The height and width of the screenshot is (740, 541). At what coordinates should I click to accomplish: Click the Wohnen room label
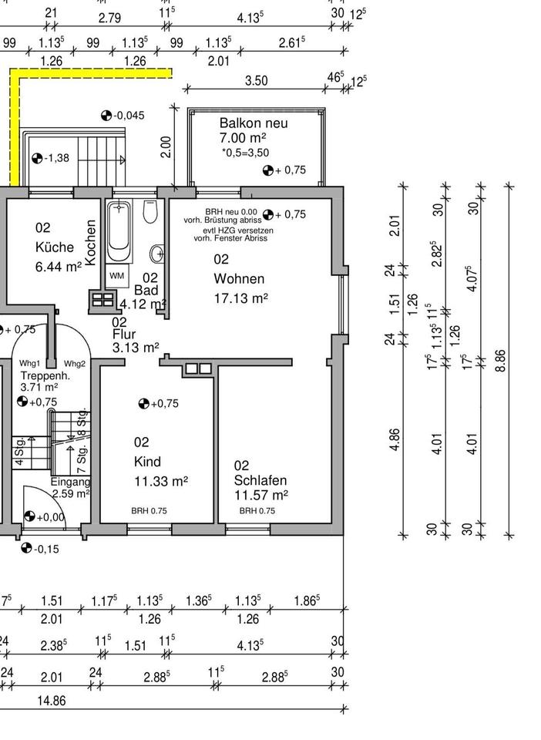coord(239,279)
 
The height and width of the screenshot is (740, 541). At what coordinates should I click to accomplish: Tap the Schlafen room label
coord(260,480)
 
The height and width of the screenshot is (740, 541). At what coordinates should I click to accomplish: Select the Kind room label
coord(147,462)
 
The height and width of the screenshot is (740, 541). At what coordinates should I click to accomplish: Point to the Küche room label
coord(55,247)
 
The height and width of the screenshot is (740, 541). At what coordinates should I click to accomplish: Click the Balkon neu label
coord(254,123)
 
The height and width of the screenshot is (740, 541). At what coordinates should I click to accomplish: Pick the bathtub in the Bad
coord(119,231)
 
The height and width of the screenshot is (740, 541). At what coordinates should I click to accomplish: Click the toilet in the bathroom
coord(150,210)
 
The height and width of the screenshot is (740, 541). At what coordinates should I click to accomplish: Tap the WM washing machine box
coord(117,276)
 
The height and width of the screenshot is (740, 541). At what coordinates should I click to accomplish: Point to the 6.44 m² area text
coord(59,267)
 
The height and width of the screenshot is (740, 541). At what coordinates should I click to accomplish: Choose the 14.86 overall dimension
coord(51,700)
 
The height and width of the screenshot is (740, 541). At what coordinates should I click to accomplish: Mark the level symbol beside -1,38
coord(37,159)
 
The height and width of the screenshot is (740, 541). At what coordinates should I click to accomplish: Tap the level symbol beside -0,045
coord(106,116)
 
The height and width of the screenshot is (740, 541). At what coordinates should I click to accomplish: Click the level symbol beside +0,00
coord(30,517)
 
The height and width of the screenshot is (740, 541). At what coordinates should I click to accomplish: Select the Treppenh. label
coord(45,375)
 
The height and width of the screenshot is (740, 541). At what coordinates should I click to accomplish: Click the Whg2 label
coord(75,364)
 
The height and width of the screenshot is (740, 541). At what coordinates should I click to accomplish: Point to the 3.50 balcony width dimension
coord(256,81)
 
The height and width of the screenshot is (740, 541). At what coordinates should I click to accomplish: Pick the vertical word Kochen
coord(91,243)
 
